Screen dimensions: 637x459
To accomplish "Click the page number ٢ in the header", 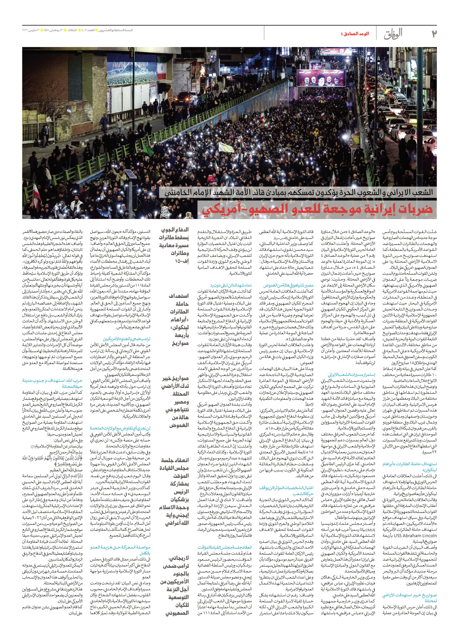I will pyautogui.click(x=434, y=34).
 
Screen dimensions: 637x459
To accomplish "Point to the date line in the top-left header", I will pyautogui.click(x=77, y=30).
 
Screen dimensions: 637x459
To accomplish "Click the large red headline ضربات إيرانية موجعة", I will pyautogui.click(x=317, y=209).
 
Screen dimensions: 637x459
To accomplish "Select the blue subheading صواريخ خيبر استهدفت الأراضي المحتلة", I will pyautogui.click(x=409, y=598).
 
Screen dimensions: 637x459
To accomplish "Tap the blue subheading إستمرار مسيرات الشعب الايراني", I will pyautogui.click(x=351, y=374).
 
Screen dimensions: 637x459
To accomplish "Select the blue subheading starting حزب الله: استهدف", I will pyautogui.click(x=52, y=383).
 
